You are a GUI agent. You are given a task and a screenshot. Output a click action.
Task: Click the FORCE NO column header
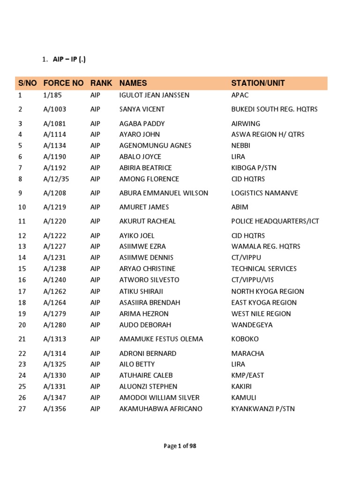[63, 83]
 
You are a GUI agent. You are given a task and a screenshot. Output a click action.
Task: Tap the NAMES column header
[133, 83]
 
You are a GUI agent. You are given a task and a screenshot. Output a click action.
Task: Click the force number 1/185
[52, 95]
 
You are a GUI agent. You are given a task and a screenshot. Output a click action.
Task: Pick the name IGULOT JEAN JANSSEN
[154, 95]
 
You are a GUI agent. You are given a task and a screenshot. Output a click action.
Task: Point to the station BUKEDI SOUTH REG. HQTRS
[274, 109]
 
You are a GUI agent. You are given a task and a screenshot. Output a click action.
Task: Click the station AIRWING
[244, 124]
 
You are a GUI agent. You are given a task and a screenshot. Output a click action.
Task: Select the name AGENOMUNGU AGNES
[155, 145]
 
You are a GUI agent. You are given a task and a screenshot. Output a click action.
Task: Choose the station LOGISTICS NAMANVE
[264, 193]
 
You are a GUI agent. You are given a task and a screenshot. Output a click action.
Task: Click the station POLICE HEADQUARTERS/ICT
[275, 221]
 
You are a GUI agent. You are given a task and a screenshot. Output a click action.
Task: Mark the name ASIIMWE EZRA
[142, 247]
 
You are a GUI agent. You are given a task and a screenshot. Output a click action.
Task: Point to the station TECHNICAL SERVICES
[264, 269]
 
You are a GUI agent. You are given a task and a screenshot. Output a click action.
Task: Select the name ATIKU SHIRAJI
[141, 292]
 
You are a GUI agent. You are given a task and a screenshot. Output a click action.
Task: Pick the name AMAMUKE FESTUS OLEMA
[161, 339]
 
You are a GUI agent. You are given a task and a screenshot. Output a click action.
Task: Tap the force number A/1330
[55, 375]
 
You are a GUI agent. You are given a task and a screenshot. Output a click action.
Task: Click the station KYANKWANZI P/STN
[263, 409]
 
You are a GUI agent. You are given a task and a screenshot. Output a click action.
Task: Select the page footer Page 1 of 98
[180, 446]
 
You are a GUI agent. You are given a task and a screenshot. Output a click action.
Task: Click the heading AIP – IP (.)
[69, 59]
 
